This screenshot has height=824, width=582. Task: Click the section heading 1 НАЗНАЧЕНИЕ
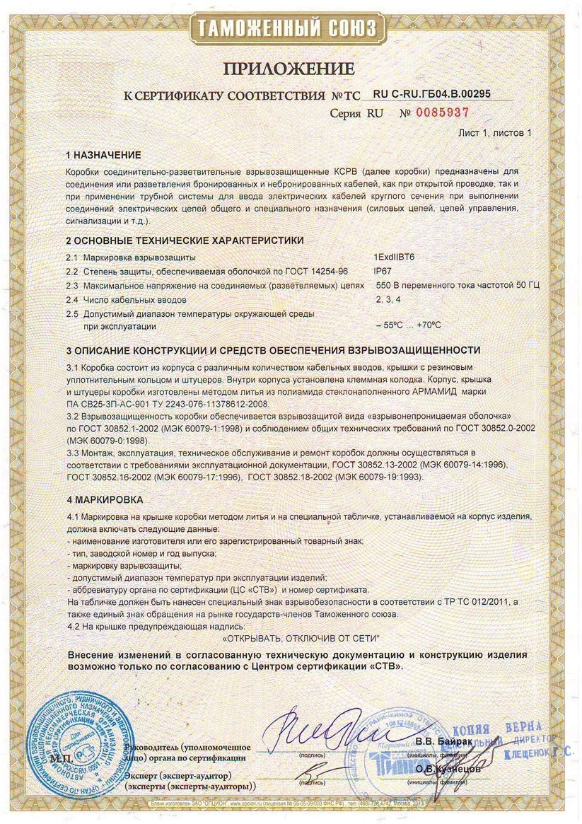pos(103,154)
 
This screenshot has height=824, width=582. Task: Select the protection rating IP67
pos(382,271)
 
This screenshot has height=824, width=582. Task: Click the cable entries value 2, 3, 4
pos(388,299)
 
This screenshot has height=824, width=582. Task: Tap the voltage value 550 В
pos(390,285)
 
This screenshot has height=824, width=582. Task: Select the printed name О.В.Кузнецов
pos(448,768)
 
